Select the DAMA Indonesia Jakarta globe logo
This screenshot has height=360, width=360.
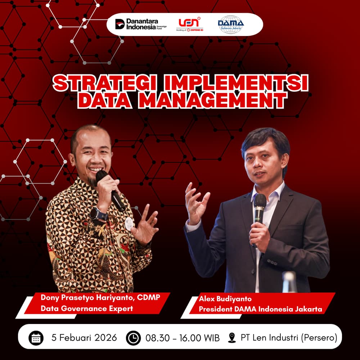click(231, 24)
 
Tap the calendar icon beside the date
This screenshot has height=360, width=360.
click(36, 338)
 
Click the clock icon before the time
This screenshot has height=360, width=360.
click(133, 338)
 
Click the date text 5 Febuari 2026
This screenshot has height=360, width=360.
click(84, 338)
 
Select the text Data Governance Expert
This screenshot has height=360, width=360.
click(87, 309)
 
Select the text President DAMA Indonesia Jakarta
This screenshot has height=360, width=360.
click(260, 309)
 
